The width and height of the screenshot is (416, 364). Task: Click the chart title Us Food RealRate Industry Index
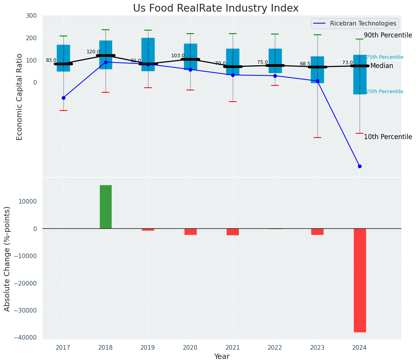(216, 9)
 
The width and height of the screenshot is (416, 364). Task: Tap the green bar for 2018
(106, 207)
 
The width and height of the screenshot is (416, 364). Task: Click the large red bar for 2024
(360, 280)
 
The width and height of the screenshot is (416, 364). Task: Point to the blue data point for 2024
(360, 166)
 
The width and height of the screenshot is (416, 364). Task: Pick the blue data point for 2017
(63, 98)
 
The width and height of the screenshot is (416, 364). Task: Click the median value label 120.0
(93, 52)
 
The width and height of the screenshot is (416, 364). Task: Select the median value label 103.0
(178, 56)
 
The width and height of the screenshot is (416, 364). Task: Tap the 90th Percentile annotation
(388, 35)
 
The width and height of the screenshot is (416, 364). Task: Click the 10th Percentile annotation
(388, 137)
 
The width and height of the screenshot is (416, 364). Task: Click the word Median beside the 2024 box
(382, 66)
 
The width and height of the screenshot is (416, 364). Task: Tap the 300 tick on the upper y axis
(31, 16)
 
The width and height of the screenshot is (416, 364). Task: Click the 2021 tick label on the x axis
(233, 348)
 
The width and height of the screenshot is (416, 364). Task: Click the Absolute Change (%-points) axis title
(7, 259)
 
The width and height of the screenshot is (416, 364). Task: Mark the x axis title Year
(222, 357)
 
